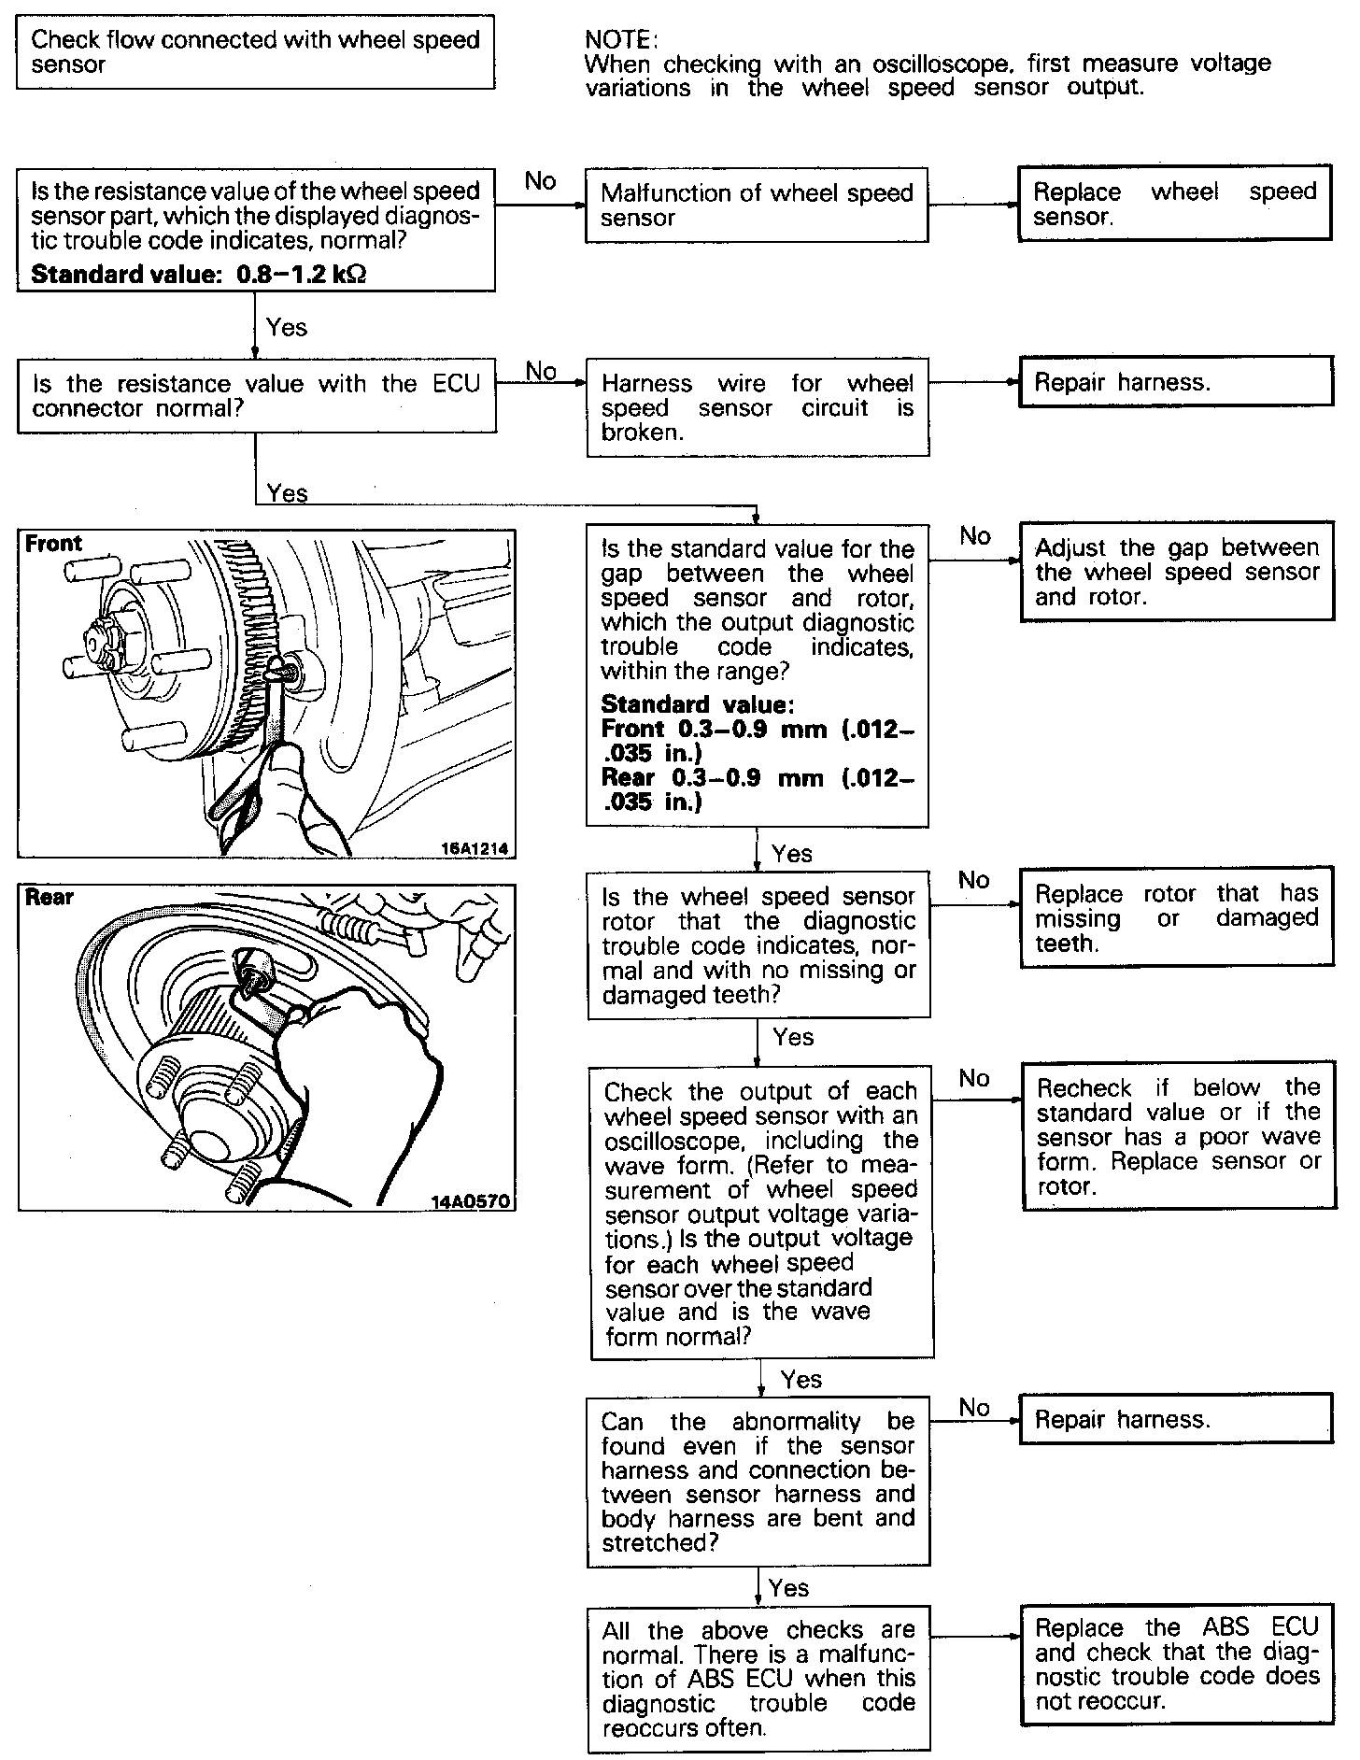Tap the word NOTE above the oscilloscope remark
click(x=620, y=39)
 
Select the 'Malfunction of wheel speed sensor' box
click(x=757, y=206)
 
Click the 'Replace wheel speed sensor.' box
click(x=1174, y=204)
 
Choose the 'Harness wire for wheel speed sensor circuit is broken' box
click(x=758, y=407)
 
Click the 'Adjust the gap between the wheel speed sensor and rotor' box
click(x=1176, y=571)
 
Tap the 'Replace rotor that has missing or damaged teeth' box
click(x=1176, y=918)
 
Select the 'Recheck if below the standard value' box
click(x=1178, y=1136)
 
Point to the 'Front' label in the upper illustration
click(x=53, y=544)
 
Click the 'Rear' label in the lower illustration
click(x=50, y=898)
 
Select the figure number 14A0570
click(x=473, y=1200)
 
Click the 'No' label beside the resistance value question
click(x=540, y=180)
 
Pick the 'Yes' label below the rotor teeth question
click(x=793, y=1037)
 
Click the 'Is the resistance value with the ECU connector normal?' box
click(x=256, y=396)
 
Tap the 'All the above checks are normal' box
click(x=758, y=1679)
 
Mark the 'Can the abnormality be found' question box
click(x=758, y=1482)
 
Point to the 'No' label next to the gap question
click(x=974, y=535)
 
